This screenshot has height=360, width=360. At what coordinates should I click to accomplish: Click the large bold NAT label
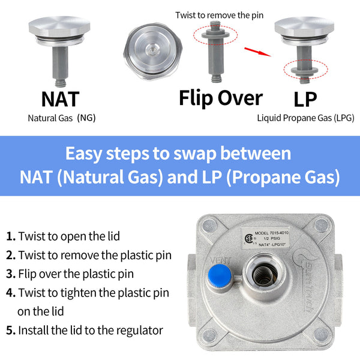[x=60, y=98]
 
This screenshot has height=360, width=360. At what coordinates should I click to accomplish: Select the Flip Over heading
[x=221, y=97]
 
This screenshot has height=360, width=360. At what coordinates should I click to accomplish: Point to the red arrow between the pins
[x=256, y=51]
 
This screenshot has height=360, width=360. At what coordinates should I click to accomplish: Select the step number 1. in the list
[x=11, y=236]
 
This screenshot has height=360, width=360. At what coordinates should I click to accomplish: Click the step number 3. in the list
[x=11, y=274]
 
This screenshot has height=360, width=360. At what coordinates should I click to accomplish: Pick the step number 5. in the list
[x=11, y=330]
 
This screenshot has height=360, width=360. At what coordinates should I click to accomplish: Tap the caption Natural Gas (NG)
[x=62, y=118]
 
